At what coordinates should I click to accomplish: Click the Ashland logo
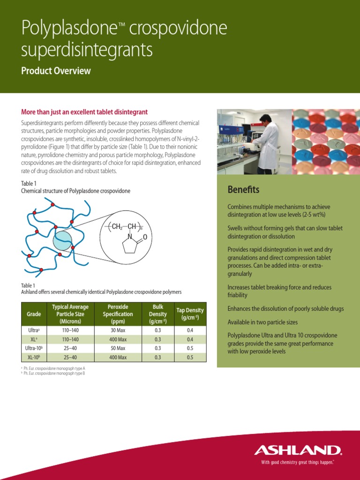point(298,450)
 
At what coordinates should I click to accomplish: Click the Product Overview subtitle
point(56,71)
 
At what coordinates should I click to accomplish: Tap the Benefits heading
point(243,190)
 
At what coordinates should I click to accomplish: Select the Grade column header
point(34,314)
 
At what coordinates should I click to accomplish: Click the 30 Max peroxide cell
point(118,330)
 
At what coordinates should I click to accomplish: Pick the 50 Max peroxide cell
point(118,348)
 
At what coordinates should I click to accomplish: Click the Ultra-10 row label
point(34,348)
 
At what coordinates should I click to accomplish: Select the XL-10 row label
point(34,357)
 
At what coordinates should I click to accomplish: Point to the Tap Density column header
point(190,314)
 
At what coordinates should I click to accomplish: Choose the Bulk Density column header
point(157,314)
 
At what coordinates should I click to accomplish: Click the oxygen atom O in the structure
point(145,238)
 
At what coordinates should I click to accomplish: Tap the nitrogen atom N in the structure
point(130,237)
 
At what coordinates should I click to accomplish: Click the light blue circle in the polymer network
point(62,240)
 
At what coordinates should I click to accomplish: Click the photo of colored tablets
point(326,142)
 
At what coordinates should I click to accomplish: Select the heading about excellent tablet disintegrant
point(84,112)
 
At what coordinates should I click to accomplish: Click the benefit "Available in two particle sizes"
point(262,322)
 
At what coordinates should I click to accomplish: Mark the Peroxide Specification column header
point(118,314)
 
